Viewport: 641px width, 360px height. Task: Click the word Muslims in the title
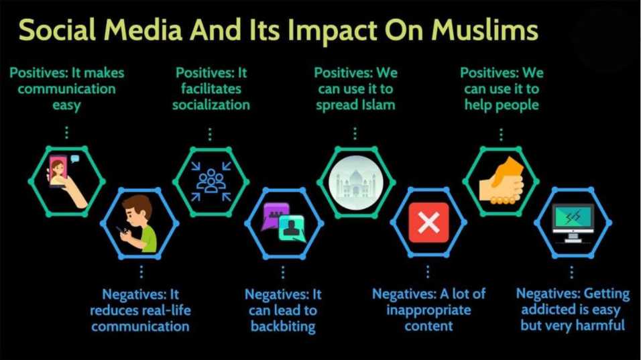click(485, 30)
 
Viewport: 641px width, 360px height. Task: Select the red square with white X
click(428, 223)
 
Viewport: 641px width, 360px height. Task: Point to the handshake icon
click(501, 181)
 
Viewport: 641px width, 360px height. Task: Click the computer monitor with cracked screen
click(573, 223)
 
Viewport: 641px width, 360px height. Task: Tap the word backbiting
click(284, 326)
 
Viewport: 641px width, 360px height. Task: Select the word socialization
click(211, 105)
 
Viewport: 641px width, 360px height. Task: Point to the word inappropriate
click(429, 310)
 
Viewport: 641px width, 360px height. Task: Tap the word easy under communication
click(66, 106)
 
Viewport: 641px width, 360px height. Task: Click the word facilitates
click(211, 88)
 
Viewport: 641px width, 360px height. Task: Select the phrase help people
click(502, 105)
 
